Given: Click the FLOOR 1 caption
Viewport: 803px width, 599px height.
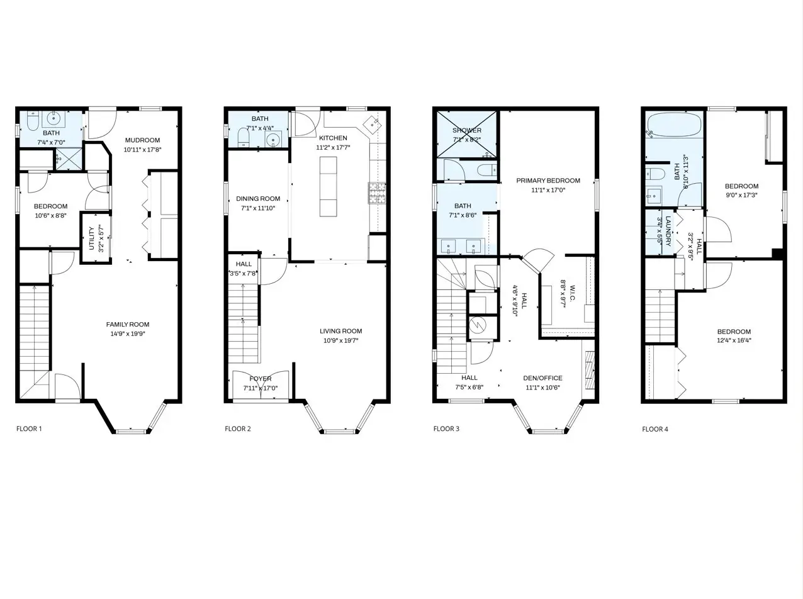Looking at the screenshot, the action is coord(29,428).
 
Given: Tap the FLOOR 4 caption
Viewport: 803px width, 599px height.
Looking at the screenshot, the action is coord(655,429).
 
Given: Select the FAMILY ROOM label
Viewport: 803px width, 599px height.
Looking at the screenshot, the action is coord(128,325).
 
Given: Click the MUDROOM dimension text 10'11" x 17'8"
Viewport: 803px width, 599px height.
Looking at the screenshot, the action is coord(142,150).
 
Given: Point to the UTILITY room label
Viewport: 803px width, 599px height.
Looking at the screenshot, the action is coord(91,238).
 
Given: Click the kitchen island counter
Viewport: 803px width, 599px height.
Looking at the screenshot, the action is coord(328,186).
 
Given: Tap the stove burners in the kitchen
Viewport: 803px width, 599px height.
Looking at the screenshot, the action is coord(377,193).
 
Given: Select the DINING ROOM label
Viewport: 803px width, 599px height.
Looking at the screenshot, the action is coord(258,199).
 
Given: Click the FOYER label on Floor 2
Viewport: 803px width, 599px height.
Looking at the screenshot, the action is coord(261,379).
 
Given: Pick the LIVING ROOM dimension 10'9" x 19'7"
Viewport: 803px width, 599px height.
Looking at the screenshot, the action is coord(340,340).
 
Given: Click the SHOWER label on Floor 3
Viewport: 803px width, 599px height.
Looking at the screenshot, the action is coord(467,130).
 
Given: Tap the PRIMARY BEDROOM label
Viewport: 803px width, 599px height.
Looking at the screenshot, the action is coord(548,181).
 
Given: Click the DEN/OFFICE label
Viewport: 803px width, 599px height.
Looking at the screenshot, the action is coord(542,378).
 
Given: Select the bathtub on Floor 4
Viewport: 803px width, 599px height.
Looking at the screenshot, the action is coord(674,125).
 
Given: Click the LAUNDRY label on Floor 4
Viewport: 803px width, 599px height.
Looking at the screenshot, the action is coord(668,231).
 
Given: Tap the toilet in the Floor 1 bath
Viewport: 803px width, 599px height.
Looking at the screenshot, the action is coord(32,122).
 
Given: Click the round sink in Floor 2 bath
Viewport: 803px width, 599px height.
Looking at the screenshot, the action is coord(272,139).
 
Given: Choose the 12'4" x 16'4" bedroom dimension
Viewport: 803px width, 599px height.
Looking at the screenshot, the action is coord(734,340).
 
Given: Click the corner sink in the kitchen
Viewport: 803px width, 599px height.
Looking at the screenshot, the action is coord(373,125).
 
